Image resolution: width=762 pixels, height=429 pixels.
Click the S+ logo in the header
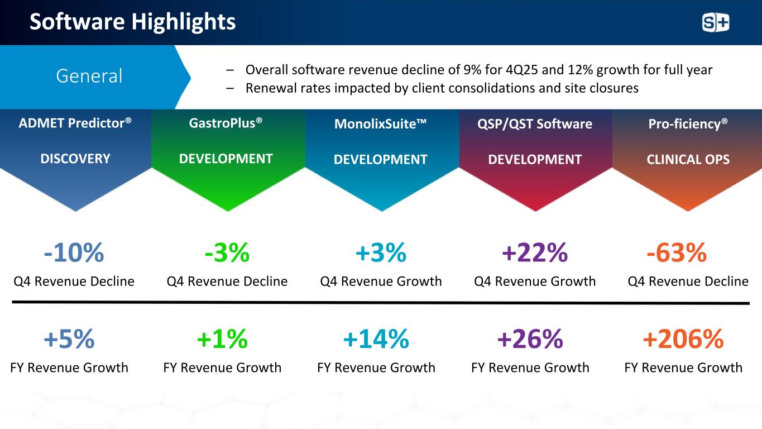point(715,23)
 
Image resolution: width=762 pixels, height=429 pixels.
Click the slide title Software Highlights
point(132,22)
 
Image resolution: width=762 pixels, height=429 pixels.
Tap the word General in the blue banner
point(89,75)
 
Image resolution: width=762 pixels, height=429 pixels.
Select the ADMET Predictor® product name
point(75,123)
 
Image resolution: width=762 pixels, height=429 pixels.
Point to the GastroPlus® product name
point(226,123)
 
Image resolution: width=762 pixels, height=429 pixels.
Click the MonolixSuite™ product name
point(380,123)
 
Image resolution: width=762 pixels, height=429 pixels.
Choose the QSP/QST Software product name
point(535,123)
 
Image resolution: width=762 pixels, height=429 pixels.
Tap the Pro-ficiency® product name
point(688,123)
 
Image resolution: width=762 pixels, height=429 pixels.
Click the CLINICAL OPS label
point(688,159)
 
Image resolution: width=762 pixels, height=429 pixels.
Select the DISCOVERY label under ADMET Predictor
point(75,159)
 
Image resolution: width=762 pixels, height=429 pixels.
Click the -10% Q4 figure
point(74,252)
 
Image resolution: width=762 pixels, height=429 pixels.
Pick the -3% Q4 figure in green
point(227,252)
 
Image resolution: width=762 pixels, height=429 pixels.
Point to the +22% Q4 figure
point(534,252)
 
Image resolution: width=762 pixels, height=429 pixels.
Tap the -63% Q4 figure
point(677,252)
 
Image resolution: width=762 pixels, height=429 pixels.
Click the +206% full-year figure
point(683,339)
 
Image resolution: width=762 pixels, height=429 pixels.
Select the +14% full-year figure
point(376,339)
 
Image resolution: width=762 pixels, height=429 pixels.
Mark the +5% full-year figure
point(69,339)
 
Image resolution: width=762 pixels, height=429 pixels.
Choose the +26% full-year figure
point(530,339)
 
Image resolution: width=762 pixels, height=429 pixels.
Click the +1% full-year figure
point(222,339)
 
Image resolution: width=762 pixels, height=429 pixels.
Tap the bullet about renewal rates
point(442,88)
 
